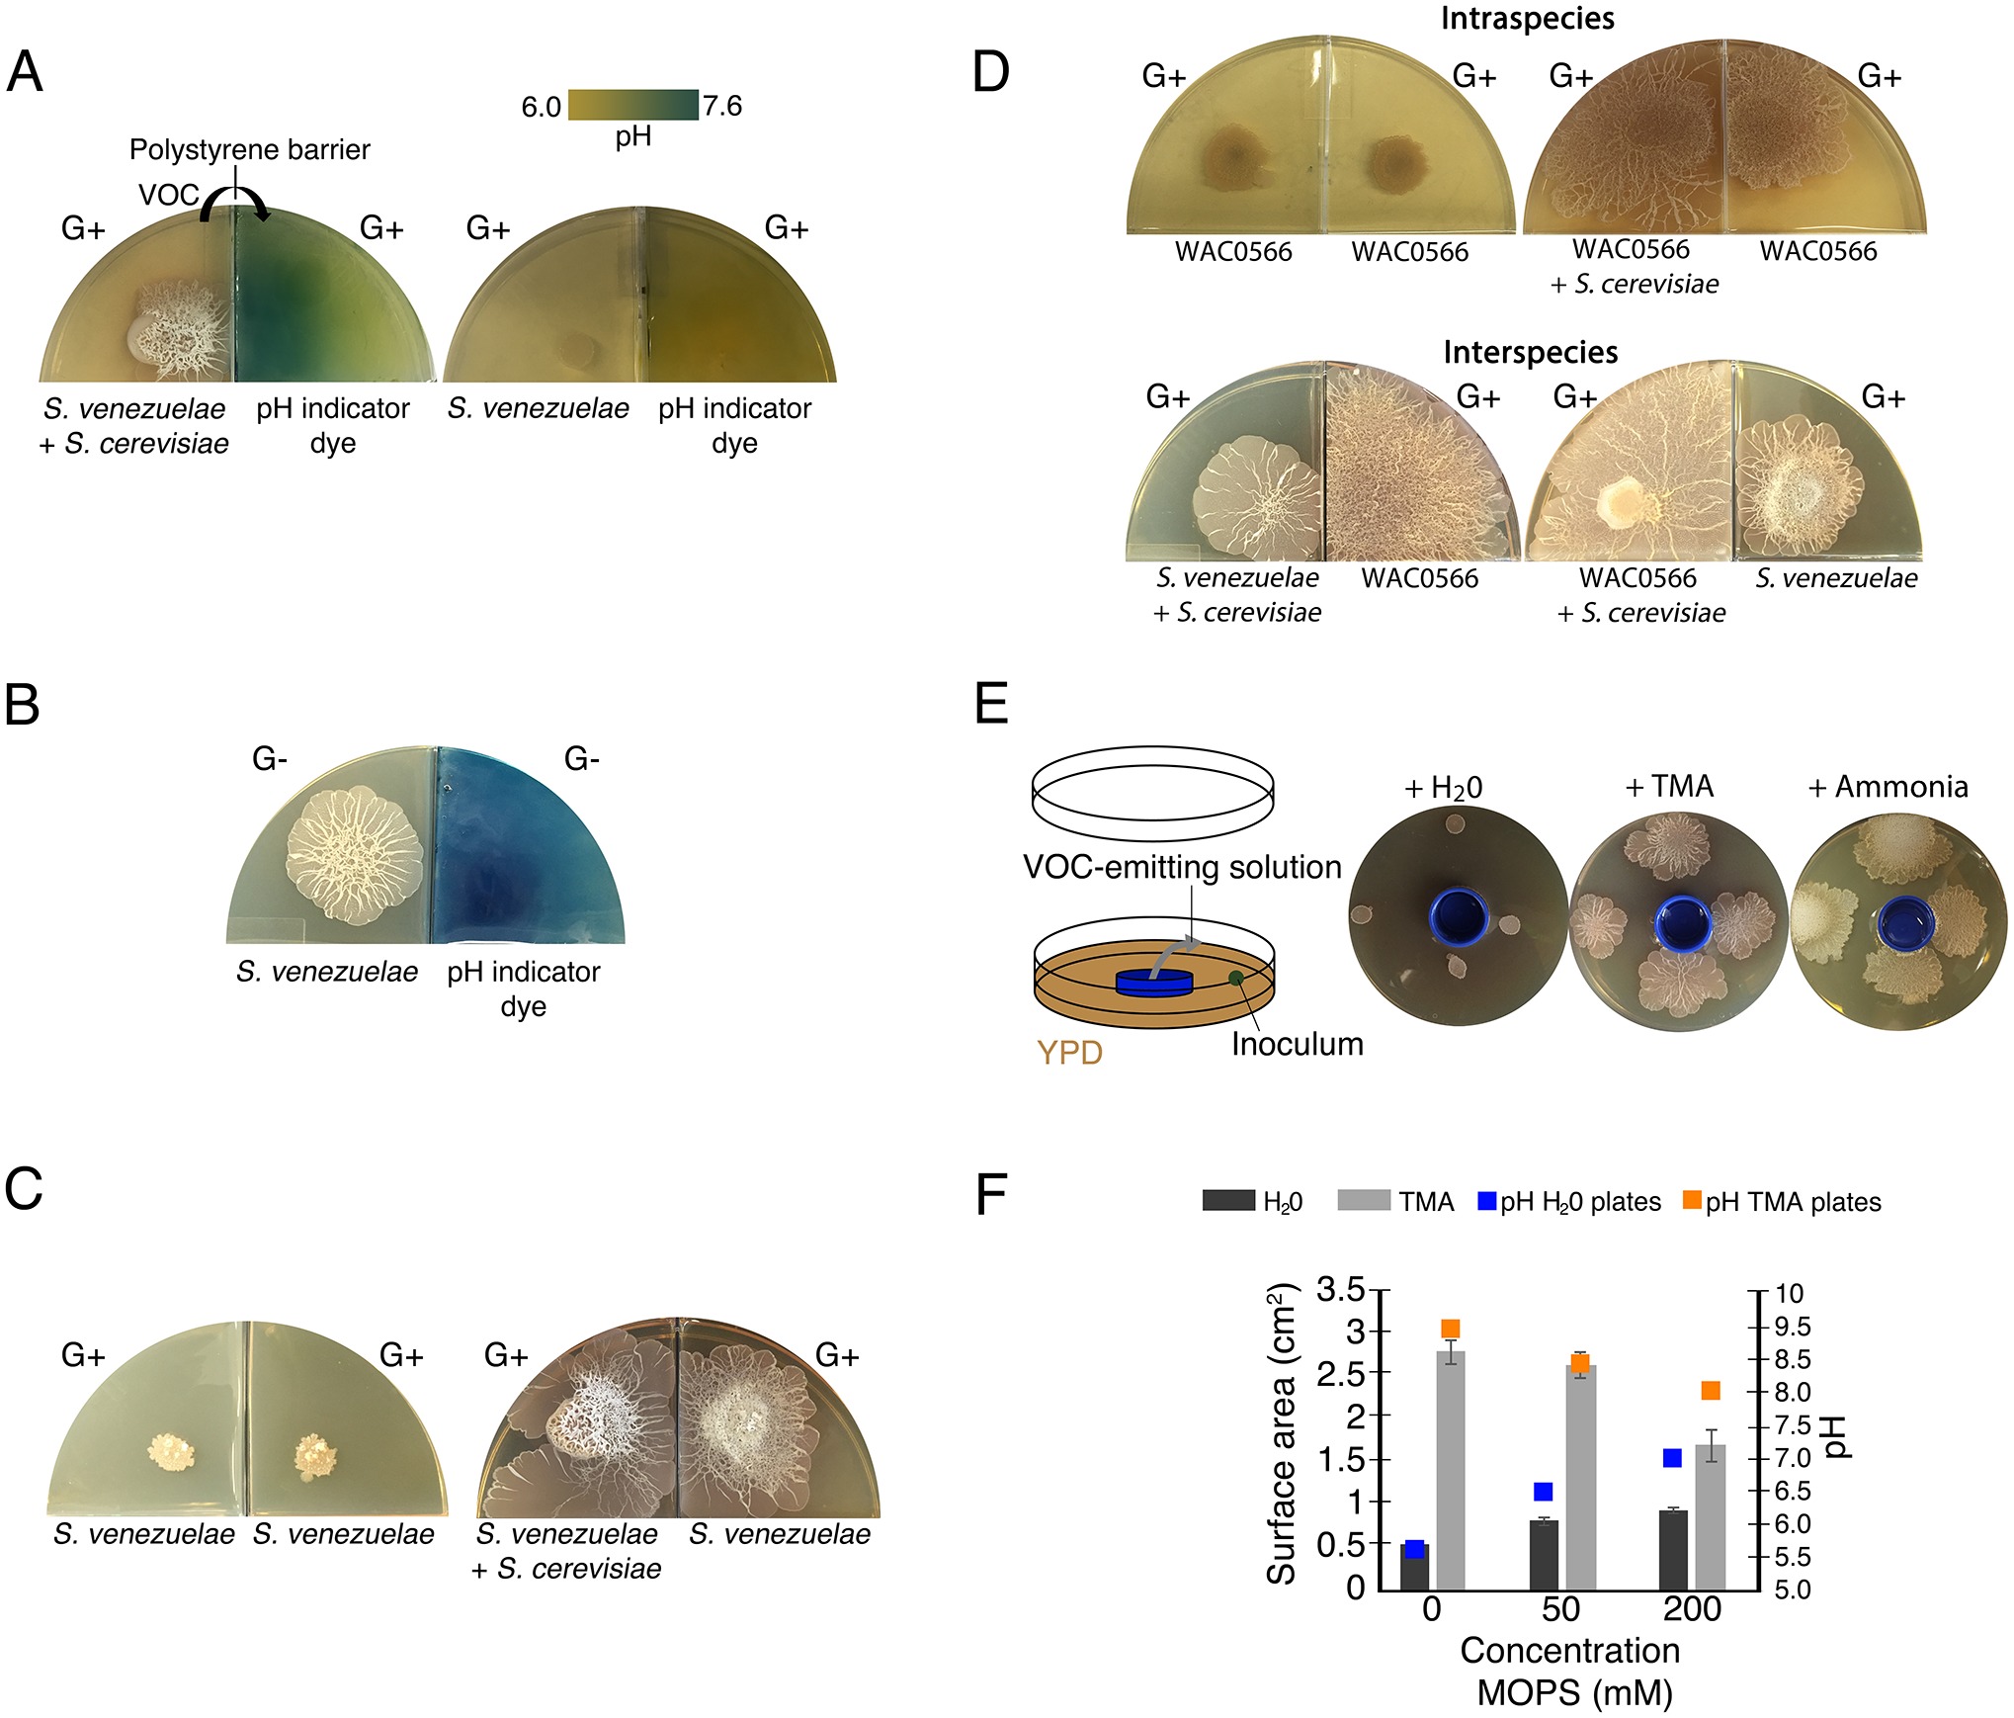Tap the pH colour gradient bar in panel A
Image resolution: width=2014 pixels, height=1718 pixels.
tap(632, 105)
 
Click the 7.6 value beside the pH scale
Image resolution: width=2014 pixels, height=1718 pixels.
tap(722, 106)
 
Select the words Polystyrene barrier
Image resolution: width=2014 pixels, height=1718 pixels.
tap(249, 149)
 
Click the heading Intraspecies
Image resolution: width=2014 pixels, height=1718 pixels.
tap(1527, 18)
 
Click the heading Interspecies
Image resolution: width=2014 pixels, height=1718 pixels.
tap(1530, 352)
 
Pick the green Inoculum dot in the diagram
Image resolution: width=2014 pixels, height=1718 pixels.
tap(1236, 979)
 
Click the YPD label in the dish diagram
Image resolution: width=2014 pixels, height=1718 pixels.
tap(1069, 1053)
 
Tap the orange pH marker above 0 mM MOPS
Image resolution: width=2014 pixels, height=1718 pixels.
tap(1451, 1329)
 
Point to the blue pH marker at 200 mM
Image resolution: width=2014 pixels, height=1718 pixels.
tap(1672, 1458)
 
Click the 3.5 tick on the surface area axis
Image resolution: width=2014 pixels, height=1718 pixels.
tap(1340, 1290)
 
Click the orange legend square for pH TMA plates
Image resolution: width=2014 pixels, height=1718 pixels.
tap(1692, 1200)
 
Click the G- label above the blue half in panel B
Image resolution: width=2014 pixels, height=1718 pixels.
tap(581, 759)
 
